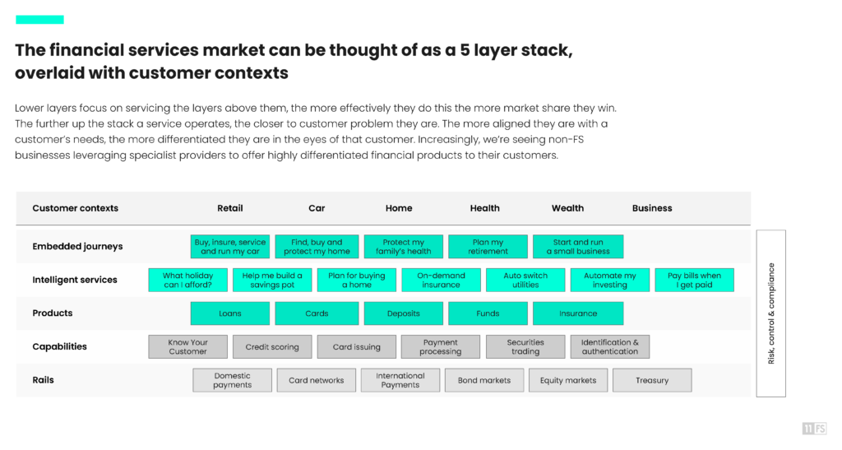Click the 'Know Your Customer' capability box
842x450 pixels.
pyautogui.click(x=188, y=347)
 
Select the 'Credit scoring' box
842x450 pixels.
pyautogui.click(x=272, y=347)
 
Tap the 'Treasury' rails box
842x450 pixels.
pyautogui.click(x=652, y=380)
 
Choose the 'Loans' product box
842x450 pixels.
pyautogui.click(x=230, y=313)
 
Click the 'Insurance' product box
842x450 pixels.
pyautogui.click(x=578, y=313)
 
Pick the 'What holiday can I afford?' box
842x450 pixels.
pyautogui.click(x=188, y=281)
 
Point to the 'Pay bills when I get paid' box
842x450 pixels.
pyautogui.click(x=694, y=281)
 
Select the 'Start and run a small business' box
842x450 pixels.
pyautogui.click(x=578, y=247)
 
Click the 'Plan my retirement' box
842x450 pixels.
pyautogui.click(x=488, y=247)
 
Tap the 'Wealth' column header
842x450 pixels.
pyautogui.click(x=567, y=208)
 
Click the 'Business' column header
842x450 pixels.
pyautogui.click(x=652, y=208)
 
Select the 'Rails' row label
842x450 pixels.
pyautogui.click(x=43, y=380)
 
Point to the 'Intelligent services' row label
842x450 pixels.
pyautogui.click(x=75, y=280)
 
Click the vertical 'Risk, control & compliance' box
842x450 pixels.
pyautogui.click(x=771, y=313)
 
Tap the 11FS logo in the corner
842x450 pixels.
pyautogui.click(x=814, y=429)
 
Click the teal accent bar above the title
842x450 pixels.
pyautogui.click(x=39, y=20)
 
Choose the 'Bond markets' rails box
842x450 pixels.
pyautogui.click(x=483, y=380)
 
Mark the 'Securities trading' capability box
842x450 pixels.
pyautogui.click(x=525, y=347)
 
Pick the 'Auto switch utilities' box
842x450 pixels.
pyautogui.click(x=525, y=281)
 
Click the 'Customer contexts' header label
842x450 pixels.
pyautogui.click(x=75, y=208)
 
